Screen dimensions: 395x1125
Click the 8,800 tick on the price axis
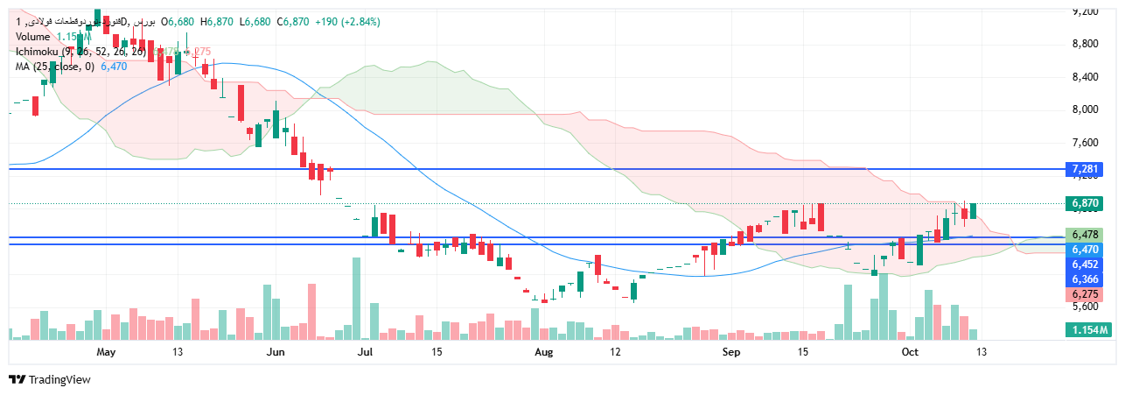click(1085, 44)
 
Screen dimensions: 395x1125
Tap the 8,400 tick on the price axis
click(1085, 77)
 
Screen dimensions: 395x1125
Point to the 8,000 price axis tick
click(1085, 109)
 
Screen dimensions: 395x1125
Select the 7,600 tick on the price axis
click(1085, 142)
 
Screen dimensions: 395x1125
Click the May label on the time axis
click(106, 352)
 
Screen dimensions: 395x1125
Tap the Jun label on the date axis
click(276, 352)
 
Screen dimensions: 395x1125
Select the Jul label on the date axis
click(366, 352)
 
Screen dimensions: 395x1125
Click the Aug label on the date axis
click(544, 352)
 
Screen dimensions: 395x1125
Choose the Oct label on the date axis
click(911, 352)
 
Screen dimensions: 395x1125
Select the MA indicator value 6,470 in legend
click(114, 67)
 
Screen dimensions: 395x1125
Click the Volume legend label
click(32, 37)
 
